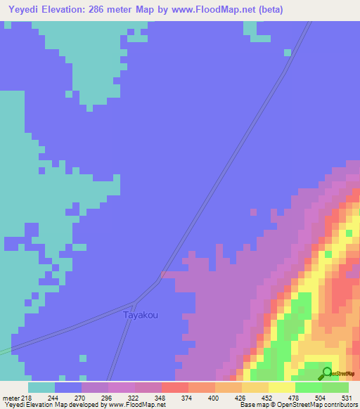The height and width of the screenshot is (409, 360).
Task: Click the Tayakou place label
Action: click(x=141, y=315)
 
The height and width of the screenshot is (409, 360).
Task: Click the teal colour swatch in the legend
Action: click(x=41, y=387)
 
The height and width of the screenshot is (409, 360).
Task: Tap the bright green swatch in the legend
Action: click(x=308, y=387)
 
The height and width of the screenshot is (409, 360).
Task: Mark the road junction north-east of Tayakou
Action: click(x=162, y=275)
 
